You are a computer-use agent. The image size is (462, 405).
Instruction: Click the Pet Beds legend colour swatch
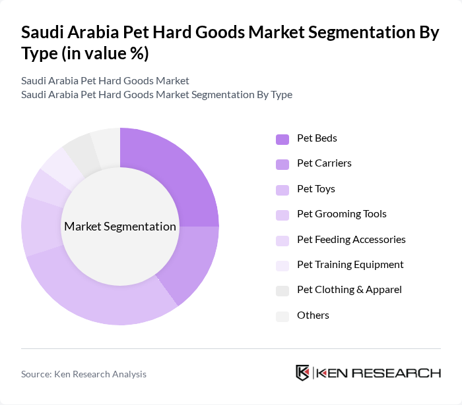(x=282, y=139)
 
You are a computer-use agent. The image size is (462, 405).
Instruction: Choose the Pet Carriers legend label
(x=324, y=163)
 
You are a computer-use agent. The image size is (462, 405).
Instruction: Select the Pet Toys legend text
(x=316, y=189)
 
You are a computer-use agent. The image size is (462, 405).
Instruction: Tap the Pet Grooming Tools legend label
(x=342, y=214)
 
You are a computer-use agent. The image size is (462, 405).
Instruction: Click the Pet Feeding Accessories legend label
(x=351, y=239)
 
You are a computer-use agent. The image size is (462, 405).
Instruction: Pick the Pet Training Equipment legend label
(x=350, y=265)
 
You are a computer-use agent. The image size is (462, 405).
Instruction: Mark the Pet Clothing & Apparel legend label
(x=349, y=290)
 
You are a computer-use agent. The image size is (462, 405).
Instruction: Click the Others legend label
(x=313, y=315)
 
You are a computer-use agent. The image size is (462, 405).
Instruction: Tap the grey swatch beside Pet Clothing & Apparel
(x=282, y=290)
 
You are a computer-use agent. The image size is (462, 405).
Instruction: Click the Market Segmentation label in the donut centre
(x=120, y=227)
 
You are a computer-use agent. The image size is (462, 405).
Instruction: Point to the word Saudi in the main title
(x=46, y=33)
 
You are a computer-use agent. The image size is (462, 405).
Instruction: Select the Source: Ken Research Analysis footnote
(x=84, y=374)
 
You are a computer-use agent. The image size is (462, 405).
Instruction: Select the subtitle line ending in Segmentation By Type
(x=156, y=95)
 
